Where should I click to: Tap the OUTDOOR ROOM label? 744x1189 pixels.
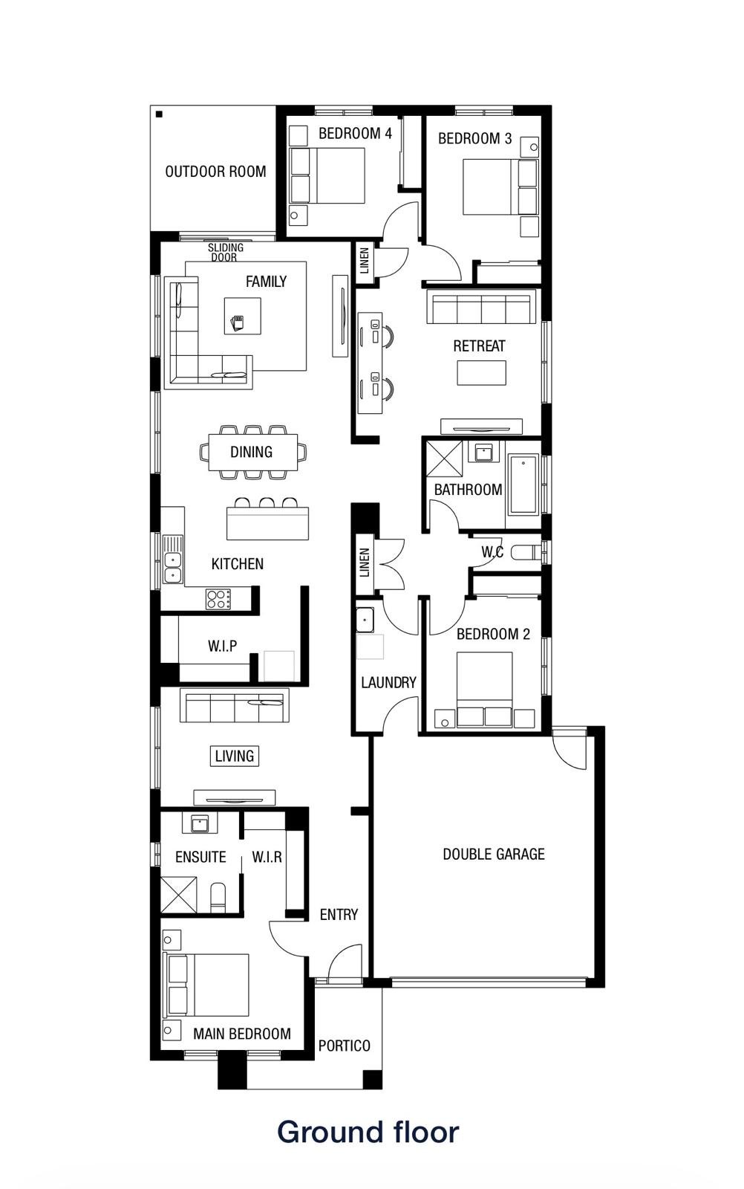coord(215,172)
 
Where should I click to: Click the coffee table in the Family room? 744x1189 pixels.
coord(242,316)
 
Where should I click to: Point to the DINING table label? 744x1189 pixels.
coord(252,452)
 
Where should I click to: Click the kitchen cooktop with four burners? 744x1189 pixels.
coord(218,599)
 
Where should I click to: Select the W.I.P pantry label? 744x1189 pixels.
coord(222,646)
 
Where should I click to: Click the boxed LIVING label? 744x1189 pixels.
coord(235,756)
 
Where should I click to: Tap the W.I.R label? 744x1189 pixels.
coord(267,857)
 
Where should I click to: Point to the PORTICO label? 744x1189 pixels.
coord(345,1046)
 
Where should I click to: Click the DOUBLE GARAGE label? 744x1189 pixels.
coord(494,854)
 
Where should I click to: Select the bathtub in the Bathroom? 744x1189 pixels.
coord(523,484)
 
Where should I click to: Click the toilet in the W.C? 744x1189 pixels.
coord(526,553)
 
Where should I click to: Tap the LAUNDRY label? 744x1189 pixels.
coord(388,683)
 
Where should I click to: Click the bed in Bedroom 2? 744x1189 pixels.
coord(484,689)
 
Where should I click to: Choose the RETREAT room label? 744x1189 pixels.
coord(480,346)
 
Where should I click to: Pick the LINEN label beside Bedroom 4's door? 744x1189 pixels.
coord(365,261)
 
